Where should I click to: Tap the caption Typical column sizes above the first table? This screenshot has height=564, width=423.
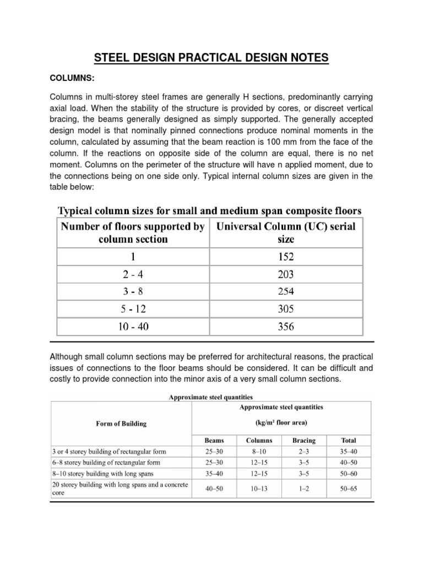(209, 211)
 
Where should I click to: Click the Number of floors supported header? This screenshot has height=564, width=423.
(133, 233)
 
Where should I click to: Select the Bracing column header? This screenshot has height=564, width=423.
(304, 441)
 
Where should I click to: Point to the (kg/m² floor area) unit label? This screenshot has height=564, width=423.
(281, 424)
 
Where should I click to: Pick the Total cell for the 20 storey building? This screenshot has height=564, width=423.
(349, 488)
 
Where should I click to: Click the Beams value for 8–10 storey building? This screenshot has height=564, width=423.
(214, 474)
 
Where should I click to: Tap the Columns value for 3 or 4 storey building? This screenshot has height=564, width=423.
(259, 452)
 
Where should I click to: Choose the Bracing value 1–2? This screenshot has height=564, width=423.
(304, 488)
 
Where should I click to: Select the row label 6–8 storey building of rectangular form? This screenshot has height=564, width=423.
(104, 463)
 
